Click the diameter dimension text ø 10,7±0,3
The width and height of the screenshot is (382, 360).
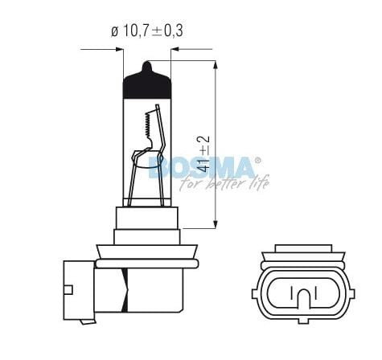click(147, 31)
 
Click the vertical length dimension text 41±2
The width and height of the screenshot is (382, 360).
click(203, 154)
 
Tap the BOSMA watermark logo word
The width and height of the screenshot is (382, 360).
click(202, 168)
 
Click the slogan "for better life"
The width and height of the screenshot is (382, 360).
click(224, 183)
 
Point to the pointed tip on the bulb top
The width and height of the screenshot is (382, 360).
click(146, 63)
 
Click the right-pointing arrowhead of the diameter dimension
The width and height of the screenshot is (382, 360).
click(120, 49)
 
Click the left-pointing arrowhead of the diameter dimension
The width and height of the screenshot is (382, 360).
click(175, 49)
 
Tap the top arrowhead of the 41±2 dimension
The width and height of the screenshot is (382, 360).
click(216, 65)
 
